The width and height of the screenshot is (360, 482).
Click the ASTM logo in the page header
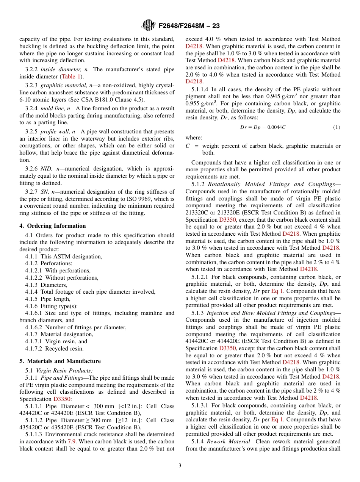[x=148, y=25]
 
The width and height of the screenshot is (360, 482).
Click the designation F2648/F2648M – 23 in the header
[x=189, y=26]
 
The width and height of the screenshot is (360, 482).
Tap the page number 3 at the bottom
[x=180, y=466]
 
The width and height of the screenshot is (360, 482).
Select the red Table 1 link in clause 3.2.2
[x=69, y=76]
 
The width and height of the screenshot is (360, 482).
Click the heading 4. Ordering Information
[x=53, y=226]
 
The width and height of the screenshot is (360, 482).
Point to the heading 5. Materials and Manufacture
[x=60, y=361]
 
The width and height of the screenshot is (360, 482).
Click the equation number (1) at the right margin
[x=337, y=127]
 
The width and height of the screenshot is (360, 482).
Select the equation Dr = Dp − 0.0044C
[x=263, y=127]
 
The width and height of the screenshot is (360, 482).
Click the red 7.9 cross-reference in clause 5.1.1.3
[x=71, y=441]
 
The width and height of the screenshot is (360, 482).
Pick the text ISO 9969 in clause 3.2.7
[x=152, y=199]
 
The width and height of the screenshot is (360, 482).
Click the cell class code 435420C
[x=35, y=427]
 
